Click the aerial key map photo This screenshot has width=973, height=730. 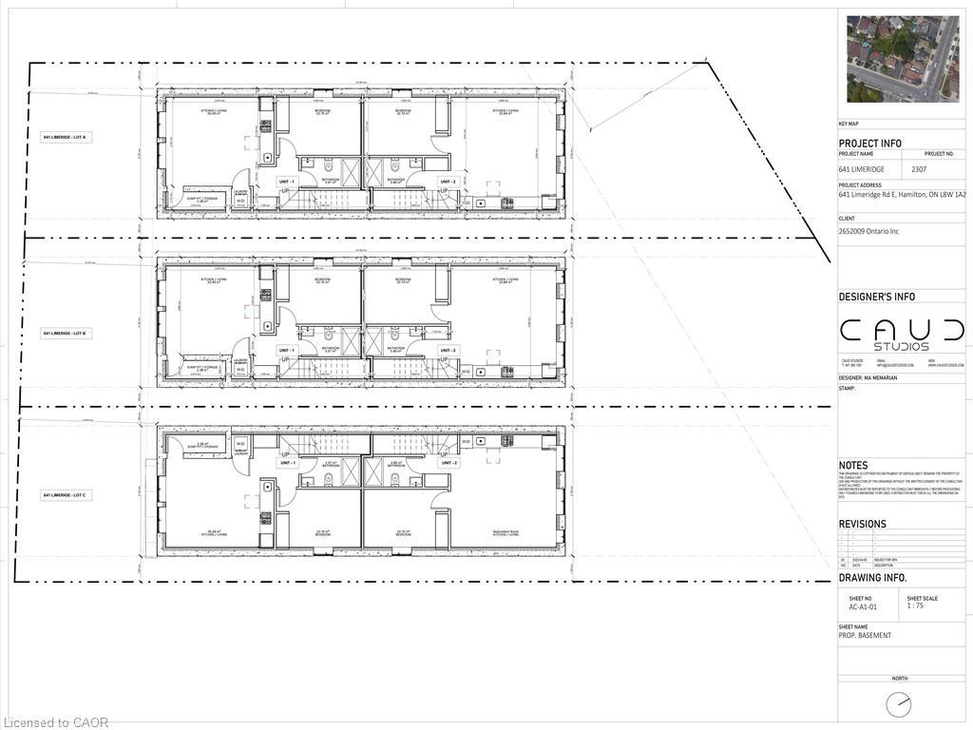pyautogui.click(x=902, y=59)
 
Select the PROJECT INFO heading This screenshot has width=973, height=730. pyautogui.click(x=869, y=144)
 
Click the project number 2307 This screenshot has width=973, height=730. pyautogui.click(x=919, y=169)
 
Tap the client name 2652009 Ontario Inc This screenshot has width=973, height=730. pyautogui.click(x=868, y=231)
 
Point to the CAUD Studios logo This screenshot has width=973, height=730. pyautogui.click(x=902, y=334)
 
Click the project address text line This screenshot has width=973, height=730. pyautogui.click(x=902, y=195)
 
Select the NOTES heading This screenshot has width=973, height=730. pyautogui.click(x=853, y=465)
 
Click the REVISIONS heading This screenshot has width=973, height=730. pyautogui.click(x=862, y=524)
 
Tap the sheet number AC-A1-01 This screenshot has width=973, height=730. pyautogui.click(x=864, y=606)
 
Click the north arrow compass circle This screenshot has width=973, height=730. pyautogui.click(x=898, y=705)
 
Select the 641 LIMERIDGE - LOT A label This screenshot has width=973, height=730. pyautogui.click(x=65, y=139)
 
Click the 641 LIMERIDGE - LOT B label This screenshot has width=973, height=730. pyautogui.click(x=65, y=334)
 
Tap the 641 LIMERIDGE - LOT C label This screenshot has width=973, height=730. pyautogui.click(x=65, y=496)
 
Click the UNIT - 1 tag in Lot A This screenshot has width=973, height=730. pyautogui.click(x=286, y=181)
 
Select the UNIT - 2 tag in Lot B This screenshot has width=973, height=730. pyautogui.click(x=448, y=350)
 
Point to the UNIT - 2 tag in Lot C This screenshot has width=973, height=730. pyautogui.click(x=448, y=463)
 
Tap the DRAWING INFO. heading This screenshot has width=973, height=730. pyautogui.click(x=872, y=578)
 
